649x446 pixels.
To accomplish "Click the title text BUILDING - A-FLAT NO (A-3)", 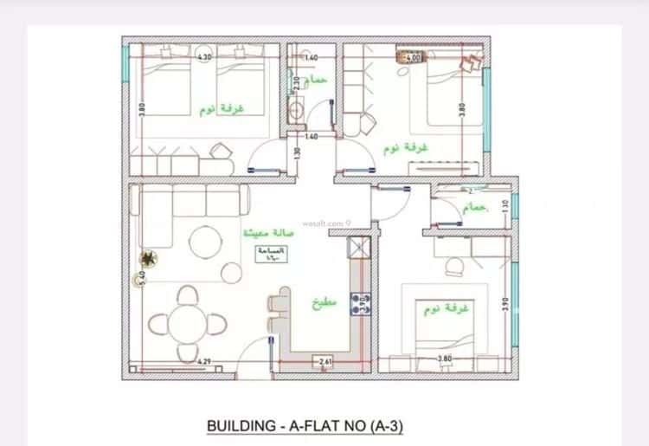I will pyautogui.click(x=305, y=426).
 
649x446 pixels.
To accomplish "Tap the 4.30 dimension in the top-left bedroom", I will pyautogui.click(x=204, y=57).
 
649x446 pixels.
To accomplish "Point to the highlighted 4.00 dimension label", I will pyautogui.click(x=413, y=58).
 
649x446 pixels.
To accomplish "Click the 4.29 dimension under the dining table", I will pyautogui.click(x=204, y=361).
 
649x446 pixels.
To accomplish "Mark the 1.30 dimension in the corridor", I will pyautogui.click(x=297, y=153).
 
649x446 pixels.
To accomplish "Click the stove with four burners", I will pyautogui.click(x=360, y=303).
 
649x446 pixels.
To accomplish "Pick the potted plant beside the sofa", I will pyautogui.click(x=150, y=257).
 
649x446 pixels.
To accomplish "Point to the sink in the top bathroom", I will pyautogui.click(x=297, y=110).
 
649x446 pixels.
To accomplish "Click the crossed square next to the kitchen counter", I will pyautogui.click(x=358, y=248).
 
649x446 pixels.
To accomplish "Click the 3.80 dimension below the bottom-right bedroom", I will pyautogui.click(x=445, y=359).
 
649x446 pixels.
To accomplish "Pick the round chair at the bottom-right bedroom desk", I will pyautogui.click(x=453, y=268).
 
